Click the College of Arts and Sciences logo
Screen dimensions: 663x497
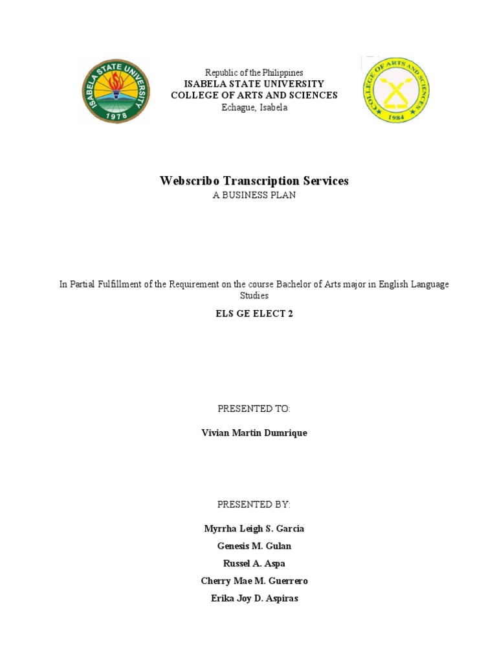click(x=395, y=90)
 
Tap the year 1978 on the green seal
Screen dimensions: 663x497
click(x=116, y=115)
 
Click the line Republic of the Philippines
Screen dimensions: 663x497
click(x=254, y=73)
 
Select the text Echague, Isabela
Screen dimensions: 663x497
click(x=254, y=107)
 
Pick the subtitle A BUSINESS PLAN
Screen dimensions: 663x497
click(x=254, y=195)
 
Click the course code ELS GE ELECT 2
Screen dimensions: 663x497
click(x=254, y=313)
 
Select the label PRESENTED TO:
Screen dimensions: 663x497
click(x=254, y=409)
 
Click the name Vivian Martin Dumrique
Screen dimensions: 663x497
click(x=254, y=433)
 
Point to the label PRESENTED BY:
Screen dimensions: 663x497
click(x=254, y=504)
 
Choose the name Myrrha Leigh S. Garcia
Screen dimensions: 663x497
click(x=254, y=528)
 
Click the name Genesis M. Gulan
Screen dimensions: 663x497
click(x=254, y=546)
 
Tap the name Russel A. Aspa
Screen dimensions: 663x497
click(x=254, y=563)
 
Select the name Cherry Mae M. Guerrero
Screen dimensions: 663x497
click(x=254, y=581)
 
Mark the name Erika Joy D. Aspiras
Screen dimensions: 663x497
click(x=254, y=598)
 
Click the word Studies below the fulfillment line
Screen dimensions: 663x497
click(x=254, y=296)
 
